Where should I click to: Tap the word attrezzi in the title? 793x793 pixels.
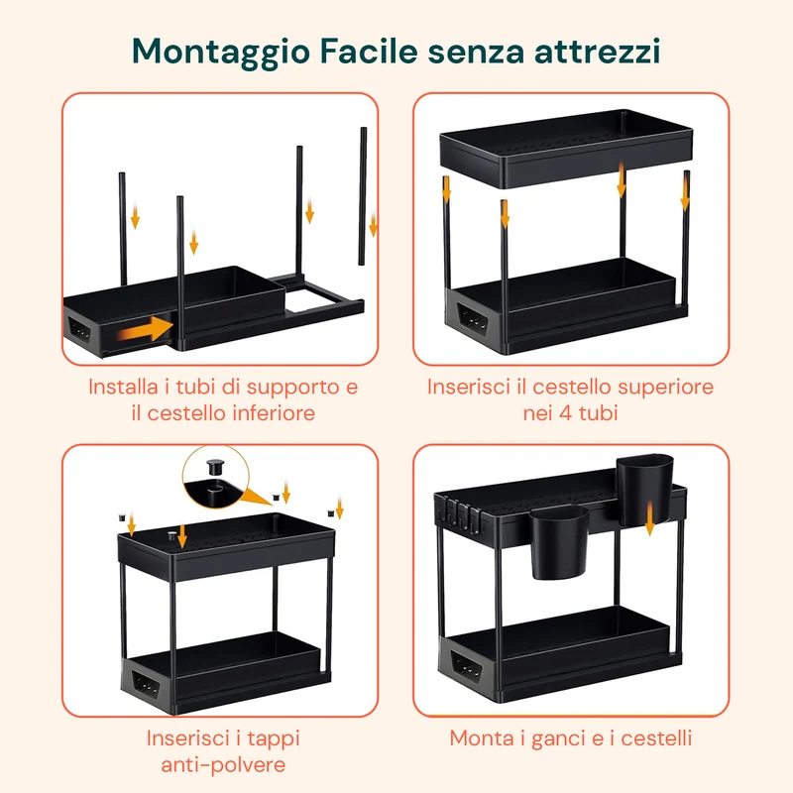click(x=598, y=52)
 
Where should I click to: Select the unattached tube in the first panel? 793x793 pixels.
click(x=362, y=196)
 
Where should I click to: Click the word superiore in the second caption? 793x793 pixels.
click(x=665, y=388)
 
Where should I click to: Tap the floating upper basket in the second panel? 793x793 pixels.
click(x=566, y=148)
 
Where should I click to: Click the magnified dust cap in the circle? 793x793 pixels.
click(x=215, y=465)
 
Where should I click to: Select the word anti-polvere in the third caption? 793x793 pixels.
click(x=223, y=764)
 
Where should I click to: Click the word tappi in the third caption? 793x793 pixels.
click(x=274, y=739)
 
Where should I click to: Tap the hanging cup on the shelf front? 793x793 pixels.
click(x=559, y=541)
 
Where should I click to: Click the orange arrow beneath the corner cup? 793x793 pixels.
click(x=650, y=518)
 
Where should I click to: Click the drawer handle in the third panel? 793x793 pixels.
click(x=146, y=685)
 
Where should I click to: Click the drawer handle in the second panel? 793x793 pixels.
click(x=473, y=318)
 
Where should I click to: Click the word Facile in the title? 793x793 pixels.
click(x=369, y=52)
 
